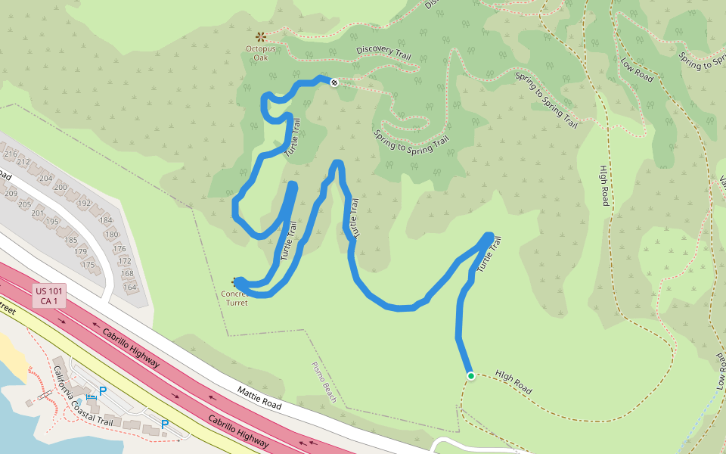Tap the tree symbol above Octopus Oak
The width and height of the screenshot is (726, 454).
(261, 36)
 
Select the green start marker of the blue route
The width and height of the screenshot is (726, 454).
(470, 376)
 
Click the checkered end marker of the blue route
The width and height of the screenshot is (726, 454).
(334, 82)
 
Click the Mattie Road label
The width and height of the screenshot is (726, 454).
(259, 398)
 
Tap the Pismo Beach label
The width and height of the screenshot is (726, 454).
(324, 381)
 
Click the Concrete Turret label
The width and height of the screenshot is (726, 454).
(236, 297)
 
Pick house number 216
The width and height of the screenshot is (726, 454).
(11, 154)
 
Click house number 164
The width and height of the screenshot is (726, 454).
(129, 287)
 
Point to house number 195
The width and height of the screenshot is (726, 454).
(51, 222)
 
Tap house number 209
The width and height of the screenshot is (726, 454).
(11, 194)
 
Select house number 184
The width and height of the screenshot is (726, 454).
(107, 221)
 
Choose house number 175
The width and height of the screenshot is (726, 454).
(88, 265)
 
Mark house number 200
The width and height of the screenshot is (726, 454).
(60, 188)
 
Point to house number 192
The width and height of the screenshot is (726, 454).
(84, 203)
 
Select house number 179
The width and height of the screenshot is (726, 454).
(81, 251)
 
